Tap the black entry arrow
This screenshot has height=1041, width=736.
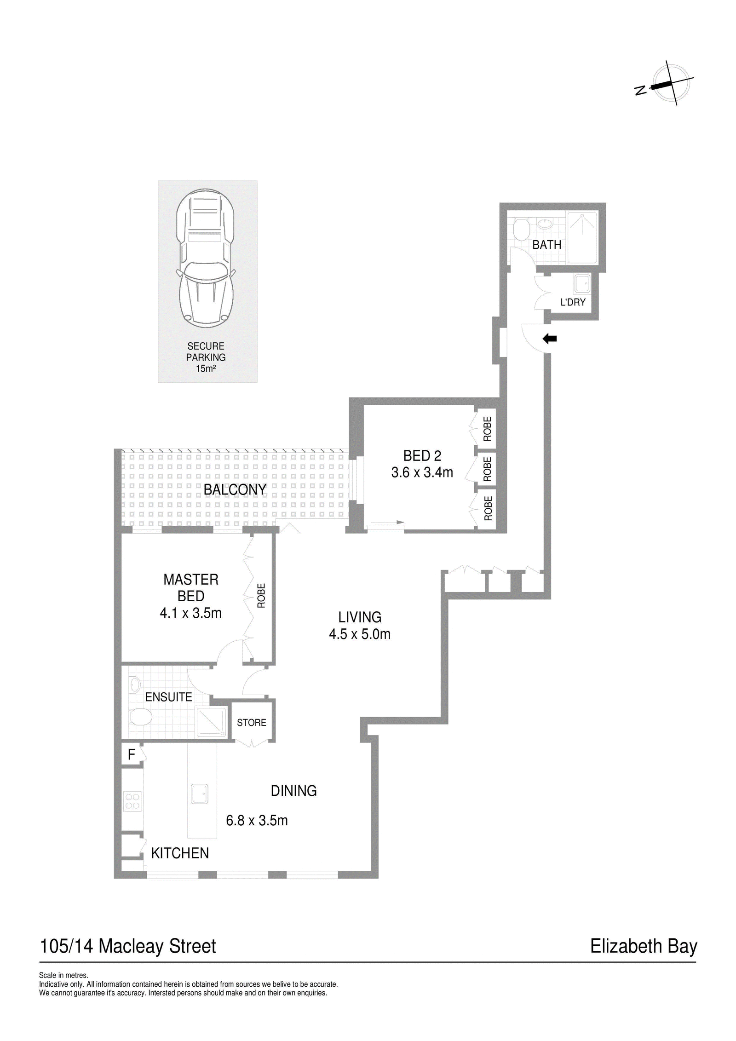point(550,339)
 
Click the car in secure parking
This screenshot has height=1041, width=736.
point(206,258)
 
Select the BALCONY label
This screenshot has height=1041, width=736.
point(235,489)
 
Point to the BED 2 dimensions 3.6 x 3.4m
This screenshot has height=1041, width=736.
point(422,472)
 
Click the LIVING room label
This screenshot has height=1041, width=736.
point(360,617)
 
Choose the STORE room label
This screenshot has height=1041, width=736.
point(251,723)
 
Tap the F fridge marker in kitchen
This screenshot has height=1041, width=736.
point(132,754)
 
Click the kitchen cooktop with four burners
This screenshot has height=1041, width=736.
point(132,802)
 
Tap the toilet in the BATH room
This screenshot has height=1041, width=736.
point(521,229)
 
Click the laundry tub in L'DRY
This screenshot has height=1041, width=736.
point(582,283)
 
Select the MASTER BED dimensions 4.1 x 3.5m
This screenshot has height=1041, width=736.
point(190,613)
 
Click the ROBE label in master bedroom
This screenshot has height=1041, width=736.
point(261,596)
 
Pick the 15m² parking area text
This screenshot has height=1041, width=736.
point(206,368)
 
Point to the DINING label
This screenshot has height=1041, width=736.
point(293,791)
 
